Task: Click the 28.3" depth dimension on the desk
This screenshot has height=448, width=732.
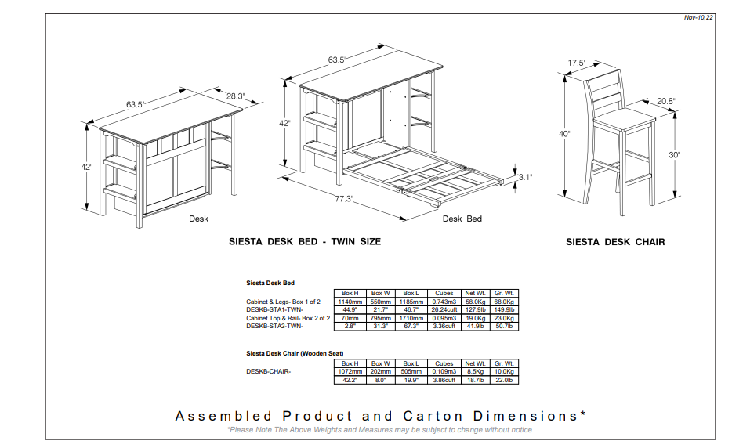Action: (235, 96)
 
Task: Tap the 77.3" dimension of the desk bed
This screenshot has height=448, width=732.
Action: (343, 199)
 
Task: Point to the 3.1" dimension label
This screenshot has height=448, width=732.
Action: (525, 177)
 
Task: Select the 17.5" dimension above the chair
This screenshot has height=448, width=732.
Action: (577, 63)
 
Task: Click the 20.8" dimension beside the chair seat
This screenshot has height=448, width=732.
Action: (665, 101)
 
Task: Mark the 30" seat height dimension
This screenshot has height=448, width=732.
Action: (675, 155)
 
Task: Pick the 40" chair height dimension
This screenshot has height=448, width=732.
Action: (564, 134)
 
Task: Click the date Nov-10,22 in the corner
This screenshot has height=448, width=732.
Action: (698, 18)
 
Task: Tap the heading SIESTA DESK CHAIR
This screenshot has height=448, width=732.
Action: (615, 242)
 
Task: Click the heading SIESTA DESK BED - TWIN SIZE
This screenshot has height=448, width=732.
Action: (305, 242)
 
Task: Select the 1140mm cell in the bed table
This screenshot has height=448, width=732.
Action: (350, 302)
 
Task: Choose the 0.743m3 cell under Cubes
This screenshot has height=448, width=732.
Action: (444, 302)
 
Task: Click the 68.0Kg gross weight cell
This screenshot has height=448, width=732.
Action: (504, 302)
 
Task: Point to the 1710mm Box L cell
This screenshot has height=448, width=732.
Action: (411, 318)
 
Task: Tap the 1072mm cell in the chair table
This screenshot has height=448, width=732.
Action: (350, 372)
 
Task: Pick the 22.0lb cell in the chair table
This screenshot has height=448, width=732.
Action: (504, 381)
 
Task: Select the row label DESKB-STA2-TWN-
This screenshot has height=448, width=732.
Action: (274, 326)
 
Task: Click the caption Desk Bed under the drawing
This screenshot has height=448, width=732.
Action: (462, 219)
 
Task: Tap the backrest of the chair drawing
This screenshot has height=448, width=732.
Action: (604, 90)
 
